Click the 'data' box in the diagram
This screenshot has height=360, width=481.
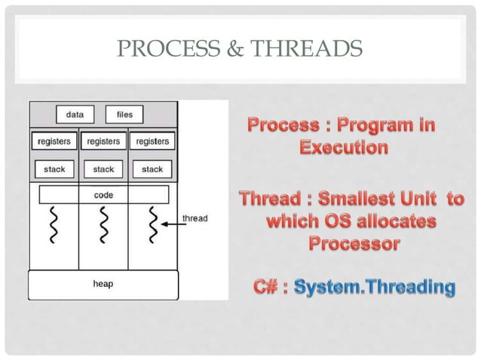(75, 115)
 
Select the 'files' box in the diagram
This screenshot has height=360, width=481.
(124, 115)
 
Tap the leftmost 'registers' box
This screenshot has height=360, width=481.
(54, 141)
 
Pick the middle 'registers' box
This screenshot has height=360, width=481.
(103, 141)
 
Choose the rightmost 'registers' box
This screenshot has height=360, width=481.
(152, 141)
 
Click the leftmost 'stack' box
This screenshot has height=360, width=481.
(54, 169)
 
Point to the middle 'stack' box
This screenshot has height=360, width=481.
(103, 169)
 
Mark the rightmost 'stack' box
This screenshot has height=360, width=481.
(152, 169)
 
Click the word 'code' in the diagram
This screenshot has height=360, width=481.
(103, 194)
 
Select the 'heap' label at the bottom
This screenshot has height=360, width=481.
(103, 285)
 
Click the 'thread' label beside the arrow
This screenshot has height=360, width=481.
(195, 218)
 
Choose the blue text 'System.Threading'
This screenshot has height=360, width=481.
(375, 287)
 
